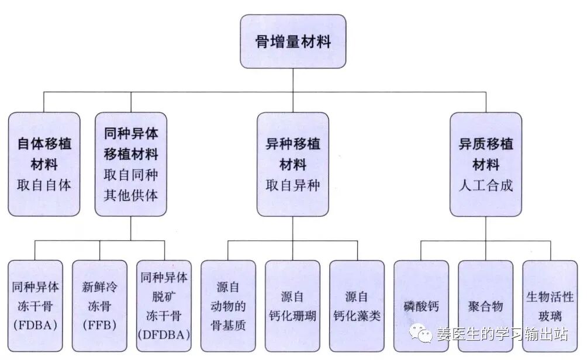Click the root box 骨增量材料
[x=293, y=41]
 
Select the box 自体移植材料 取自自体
[x=44, y=164]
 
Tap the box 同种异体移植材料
[x=130, y=164]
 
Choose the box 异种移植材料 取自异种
[x=292, y=164]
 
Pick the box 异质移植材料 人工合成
[x=485, y=164]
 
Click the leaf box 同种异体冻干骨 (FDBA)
[x=35, y=305]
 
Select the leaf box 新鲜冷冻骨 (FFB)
[x=99, y=305]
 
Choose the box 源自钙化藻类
[x=357, y=305]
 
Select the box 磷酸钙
[x=421, y=305]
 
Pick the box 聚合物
[x=485, y=305]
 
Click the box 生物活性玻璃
[x=550, y=305]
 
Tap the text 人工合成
[x=485, y=186]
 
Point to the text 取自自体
[x=44, y=185]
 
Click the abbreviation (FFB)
[x=99, y=325]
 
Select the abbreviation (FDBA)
[x=35, y=325]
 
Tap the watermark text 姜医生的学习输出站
[x=502, y=334]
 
